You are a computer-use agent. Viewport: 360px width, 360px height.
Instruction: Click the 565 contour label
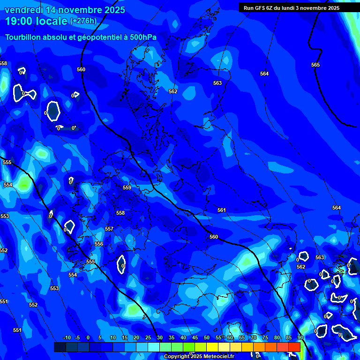pos(315,65)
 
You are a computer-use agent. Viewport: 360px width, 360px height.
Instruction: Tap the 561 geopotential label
pos(222,210)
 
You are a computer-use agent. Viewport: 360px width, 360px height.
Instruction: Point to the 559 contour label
pos(127,187)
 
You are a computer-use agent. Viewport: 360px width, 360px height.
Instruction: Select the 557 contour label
pos(109,229)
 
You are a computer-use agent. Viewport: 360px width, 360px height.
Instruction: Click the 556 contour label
pos(99,244)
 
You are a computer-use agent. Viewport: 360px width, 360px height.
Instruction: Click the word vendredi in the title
pos(24,10)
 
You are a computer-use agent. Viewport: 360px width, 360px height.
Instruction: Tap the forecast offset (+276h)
pos(83,21)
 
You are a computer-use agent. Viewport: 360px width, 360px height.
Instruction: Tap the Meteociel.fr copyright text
pos(199,357)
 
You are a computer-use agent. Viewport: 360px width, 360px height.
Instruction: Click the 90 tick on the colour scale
pos(300,337)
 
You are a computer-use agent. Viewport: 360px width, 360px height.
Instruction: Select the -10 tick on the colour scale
pos(67,337)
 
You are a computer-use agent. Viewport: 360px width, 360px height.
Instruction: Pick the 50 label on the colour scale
pos(207,337)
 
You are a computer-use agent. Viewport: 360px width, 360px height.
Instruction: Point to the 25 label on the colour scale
pos(148,337)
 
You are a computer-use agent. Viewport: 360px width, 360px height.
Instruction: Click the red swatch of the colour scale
pos(294,347)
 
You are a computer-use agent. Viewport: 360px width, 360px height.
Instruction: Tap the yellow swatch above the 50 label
pos(212,347)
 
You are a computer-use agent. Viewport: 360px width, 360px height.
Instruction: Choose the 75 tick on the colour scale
pos(265,337)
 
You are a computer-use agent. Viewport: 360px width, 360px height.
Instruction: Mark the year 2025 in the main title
pos(114,10)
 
